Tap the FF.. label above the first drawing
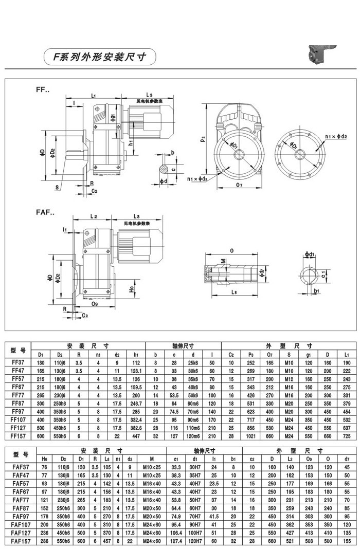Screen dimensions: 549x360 pos(42,90)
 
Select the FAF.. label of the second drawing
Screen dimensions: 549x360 pos(45,212)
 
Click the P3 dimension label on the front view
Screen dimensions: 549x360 pos(204,138)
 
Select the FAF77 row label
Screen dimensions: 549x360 pos(19,499)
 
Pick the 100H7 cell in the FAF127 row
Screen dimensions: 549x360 pos(195,534)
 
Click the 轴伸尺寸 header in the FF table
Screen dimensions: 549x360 pos(184,346)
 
